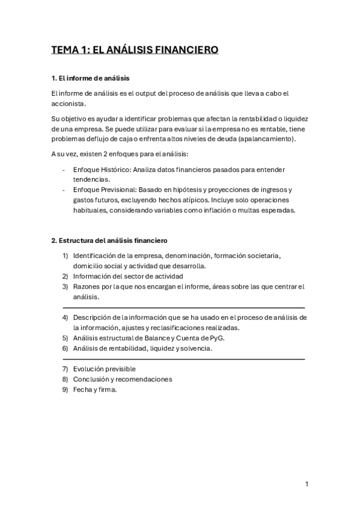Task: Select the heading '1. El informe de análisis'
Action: [90, 79]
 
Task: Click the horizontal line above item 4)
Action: [183, 307]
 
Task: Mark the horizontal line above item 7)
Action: [183, 359]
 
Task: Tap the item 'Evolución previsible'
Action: [104, 369]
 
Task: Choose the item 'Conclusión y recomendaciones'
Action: [122, 379]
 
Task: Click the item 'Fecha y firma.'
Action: [94, 389]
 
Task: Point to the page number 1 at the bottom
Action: [307, 484]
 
